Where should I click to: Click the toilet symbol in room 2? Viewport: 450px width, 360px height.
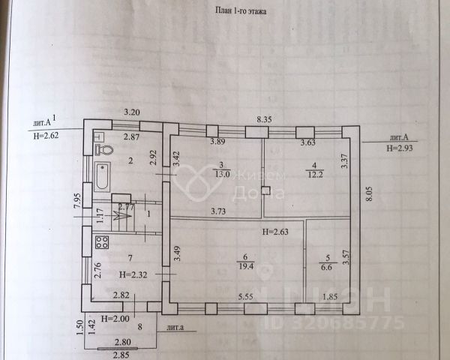pyautogui.click(x=106, y=148)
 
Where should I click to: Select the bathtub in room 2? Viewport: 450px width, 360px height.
pyautogui.click(x=102, y=177)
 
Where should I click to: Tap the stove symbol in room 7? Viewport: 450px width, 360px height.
pyautogui.click(x=102, y=242)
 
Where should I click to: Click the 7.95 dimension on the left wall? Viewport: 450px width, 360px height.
pyautogui.click(x=77, y=201)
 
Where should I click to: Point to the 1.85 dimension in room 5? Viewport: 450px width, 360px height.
pyautogui.click(x=329, y=298)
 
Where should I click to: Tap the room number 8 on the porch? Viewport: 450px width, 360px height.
pyautogui.click(x=139, y=328)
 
